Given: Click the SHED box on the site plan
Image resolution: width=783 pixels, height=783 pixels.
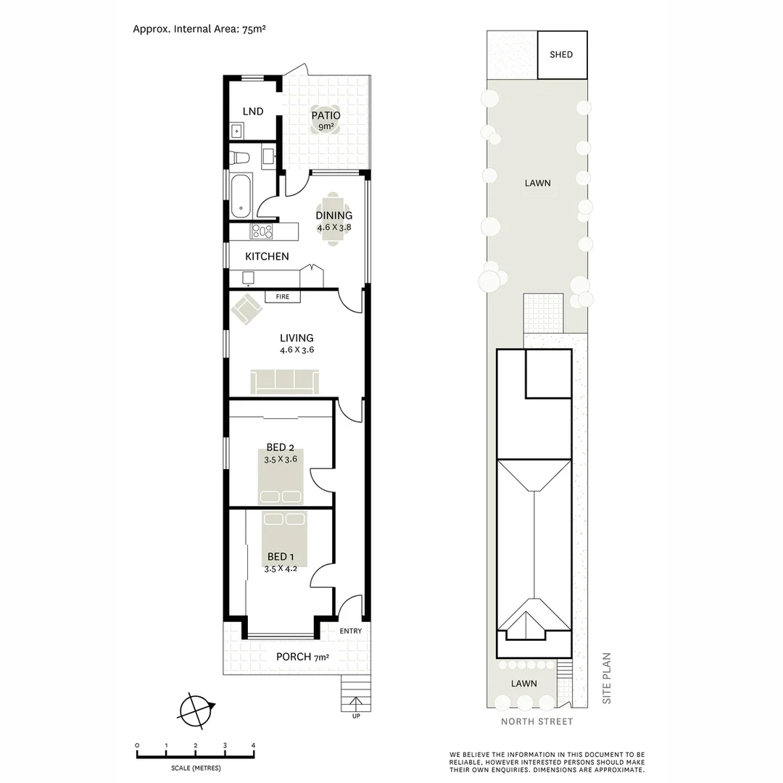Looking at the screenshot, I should click(562, 55).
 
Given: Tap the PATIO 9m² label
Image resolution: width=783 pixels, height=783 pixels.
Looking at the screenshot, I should click(326, 120).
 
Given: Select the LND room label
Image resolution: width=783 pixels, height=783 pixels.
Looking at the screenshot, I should click(253, 111).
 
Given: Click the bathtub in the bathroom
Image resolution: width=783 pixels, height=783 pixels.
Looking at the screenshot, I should click(241, 194).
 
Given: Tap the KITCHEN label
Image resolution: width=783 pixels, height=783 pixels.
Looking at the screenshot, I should click(267, 257).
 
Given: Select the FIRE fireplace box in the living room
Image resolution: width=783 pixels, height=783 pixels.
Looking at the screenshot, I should click(283, 297).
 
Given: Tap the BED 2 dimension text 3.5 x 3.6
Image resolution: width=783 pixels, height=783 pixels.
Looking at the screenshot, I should click(281, 459).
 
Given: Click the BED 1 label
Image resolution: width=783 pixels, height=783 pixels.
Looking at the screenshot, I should click(281, 557).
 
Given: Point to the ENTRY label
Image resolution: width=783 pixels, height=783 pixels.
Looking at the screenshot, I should click(350, 631).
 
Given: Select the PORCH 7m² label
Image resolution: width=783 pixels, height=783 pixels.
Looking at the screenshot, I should click(302, 658).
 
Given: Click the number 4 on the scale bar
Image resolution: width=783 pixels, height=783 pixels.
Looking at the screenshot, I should click(253, 745).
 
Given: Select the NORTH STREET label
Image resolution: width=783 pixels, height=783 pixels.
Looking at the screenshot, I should click(536, 721).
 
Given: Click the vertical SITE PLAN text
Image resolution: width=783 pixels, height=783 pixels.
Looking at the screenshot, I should click(608, 679).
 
